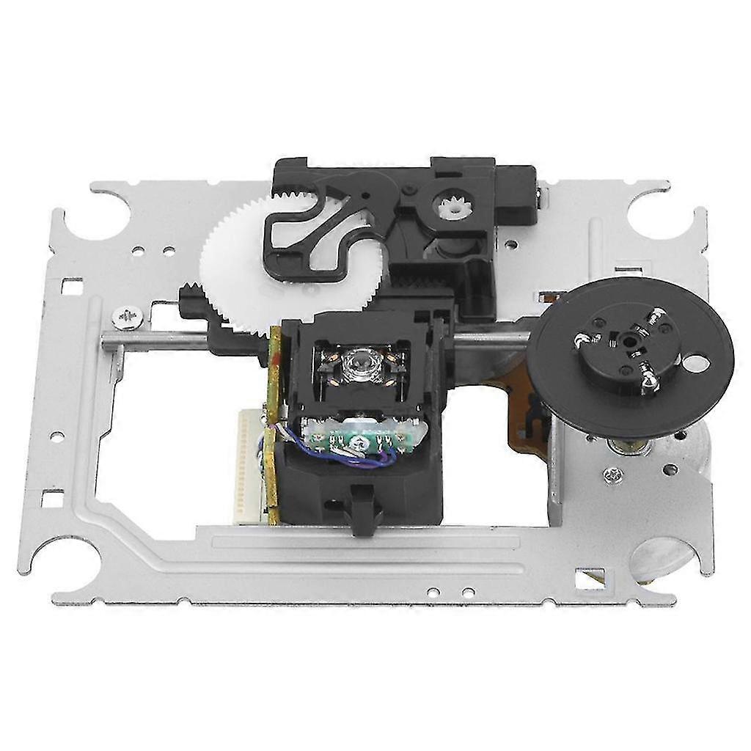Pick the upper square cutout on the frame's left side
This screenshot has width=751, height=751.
click(71, 285)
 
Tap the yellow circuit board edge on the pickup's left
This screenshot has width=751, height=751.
click(274, 425)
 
